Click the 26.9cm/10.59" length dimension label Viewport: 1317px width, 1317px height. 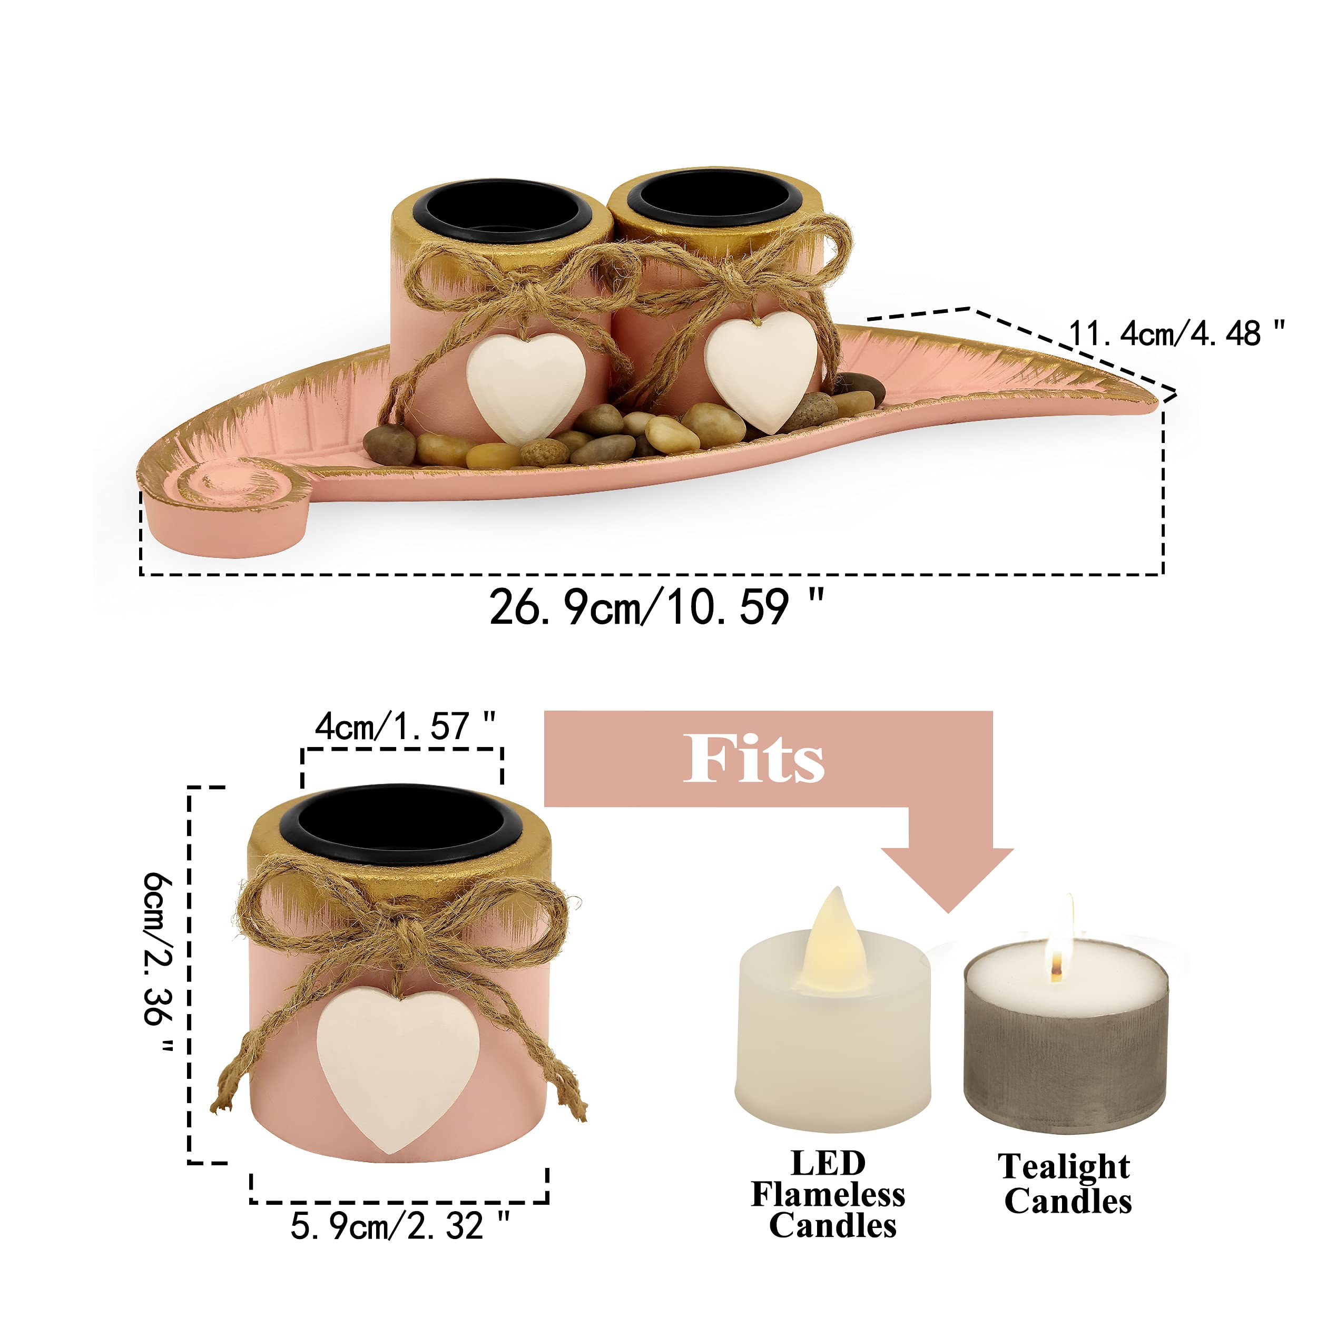point(656,607)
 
